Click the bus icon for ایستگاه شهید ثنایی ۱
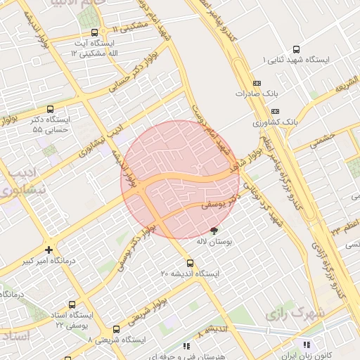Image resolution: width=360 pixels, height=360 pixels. tap(296, 50)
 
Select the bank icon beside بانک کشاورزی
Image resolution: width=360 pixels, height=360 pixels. tap(274, 111)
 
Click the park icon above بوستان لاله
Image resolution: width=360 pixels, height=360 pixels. tap(214, 231)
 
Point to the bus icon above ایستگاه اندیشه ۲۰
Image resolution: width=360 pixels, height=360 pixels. tap(190, 264)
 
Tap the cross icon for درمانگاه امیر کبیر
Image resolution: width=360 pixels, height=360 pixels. tap(49, 250)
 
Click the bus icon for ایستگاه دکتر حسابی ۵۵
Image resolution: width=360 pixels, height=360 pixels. tap(49, 109)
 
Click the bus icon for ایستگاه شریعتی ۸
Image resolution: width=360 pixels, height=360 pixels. tap(116, 329)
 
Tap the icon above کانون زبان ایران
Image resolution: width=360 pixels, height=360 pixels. tap(306, 345)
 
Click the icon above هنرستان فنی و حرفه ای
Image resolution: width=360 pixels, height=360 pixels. tap(186, 346)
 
